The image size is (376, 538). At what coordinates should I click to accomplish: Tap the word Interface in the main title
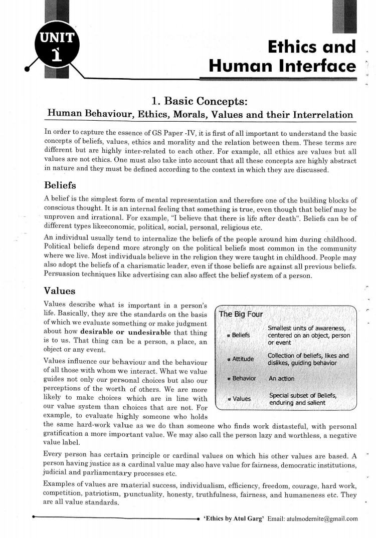point(318,66)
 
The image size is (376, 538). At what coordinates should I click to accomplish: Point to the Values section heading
point(60,291)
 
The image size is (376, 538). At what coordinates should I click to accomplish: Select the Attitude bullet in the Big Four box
point(243,359)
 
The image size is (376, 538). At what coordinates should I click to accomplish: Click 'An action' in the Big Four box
point(282,379)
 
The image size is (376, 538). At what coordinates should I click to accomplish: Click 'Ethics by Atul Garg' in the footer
point(234,518)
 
